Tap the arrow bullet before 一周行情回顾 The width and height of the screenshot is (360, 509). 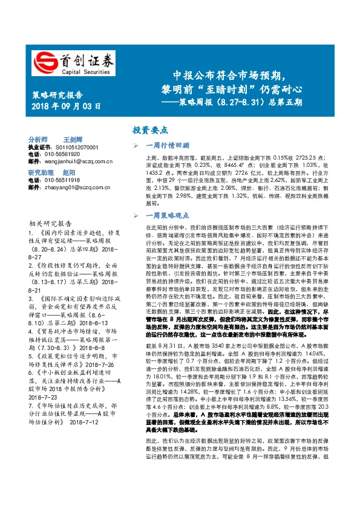point(140,145)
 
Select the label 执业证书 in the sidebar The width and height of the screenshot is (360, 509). point(41,148)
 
